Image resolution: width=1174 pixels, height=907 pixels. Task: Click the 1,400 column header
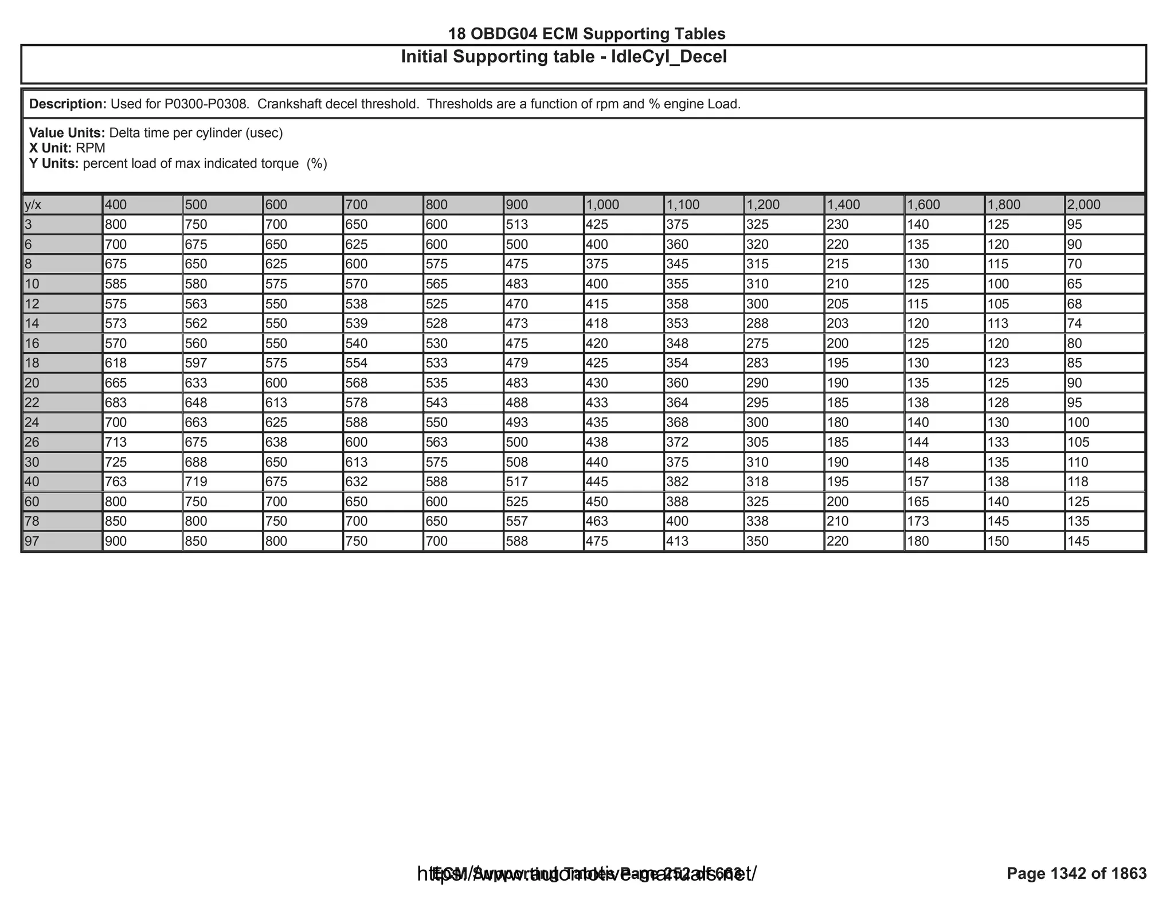pyautogui.click(x=863, y=205)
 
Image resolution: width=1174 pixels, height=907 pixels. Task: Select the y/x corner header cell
pyautogui.click(x=62, y=205)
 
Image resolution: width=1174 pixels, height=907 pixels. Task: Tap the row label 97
pyautogui.click(x=62, y=541)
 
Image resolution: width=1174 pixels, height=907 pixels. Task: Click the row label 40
pyautogui.click(x=62, y=482)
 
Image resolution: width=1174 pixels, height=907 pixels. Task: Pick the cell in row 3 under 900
pyautogui.click(x=543, y=225)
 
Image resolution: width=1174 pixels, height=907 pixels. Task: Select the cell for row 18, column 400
pyautogui.click(x=142, y=363)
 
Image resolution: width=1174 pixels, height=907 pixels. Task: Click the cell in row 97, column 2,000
pyautogui.click(x=1104, y=541)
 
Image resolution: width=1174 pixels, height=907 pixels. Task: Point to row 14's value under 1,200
pyautogui.click(x=783, y=323)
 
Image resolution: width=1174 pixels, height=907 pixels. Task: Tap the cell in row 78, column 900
pyautogui.click(x=543, y=521)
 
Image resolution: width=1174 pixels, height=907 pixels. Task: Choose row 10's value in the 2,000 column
pyautogui.click(x=1104, y=284)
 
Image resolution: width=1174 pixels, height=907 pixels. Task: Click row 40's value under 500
pyautogui.click(x=222, y=482)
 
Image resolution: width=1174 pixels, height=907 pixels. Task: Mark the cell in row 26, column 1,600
pyautogui.click(x=944, y=442)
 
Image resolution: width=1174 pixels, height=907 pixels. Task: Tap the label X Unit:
pyautogui.click(x=50, y=148)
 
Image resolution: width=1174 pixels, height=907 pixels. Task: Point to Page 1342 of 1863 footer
pyautogui.click(x=1077, y=873)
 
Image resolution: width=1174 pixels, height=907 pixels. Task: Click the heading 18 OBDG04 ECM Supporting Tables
pyautogui.click(x=586, y=34)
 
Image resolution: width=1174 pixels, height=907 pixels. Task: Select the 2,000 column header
pyautogui.click(x=1104, y=205)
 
